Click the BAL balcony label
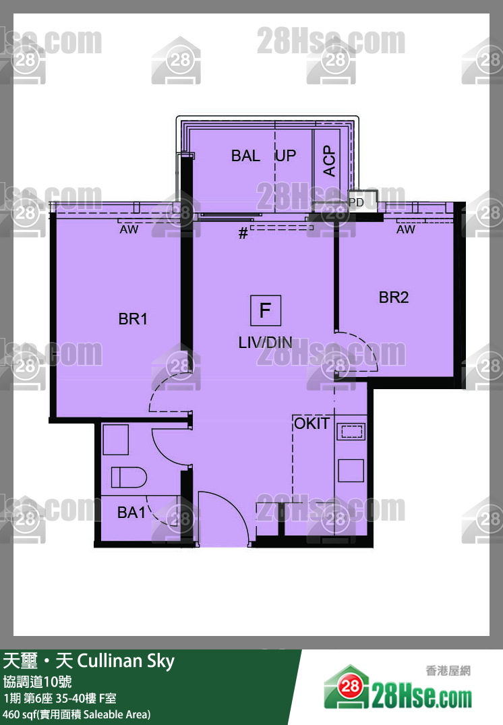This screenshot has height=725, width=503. [x=245, y=156]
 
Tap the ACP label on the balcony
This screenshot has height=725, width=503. [x=329, y=161]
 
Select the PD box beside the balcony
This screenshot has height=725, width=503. [x=357, y=202]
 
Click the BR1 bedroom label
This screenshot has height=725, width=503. [x=133, y=319]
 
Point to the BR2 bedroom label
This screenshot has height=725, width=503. [x=394, y=297]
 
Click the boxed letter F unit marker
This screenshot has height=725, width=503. [x=266, y=310]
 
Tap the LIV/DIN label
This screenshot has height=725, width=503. [x=266, y=343]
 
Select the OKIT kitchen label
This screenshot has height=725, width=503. [x=312, y=424]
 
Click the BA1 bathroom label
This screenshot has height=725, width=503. [x=131, y=513]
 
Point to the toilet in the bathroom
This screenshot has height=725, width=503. [x=129, y=477]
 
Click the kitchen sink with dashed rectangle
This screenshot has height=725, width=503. [x=351, y=432]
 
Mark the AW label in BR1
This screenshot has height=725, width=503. [x=129, y=229]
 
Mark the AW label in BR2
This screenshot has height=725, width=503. [x=406, y=229]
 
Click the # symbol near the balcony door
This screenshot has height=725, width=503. [x=243, y=233]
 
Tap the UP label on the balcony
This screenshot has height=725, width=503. [x=286, y=156]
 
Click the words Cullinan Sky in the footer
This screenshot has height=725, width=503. [x=125, y=662]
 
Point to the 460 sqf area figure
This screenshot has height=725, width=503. [x=20, y=714]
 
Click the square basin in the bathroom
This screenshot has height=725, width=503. [x=115, y=440]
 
